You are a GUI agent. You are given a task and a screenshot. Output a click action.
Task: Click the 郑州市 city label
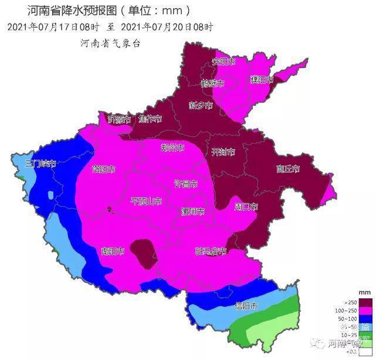(x=173, y=148)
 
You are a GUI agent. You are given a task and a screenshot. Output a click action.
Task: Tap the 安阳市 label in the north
(x=223, y=62)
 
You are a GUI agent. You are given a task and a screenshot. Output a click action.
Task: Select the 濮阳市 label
(x=262, y=79)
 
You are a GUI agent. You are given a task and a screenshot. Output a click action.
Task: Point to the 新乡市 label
(x=199, y=106)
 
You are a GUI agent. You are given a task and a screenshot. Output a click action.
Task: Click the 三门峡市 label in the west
(x=40, y=163)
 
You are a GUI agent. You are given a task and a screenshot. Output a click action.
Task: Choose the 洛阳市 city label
(x=103, y=169)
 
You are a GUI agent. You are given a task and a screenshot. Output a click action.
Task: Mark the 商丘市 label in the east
(x=288, y=169)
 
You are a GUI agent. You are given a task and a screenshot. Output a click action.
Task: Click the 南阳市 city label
(x=113, y=251)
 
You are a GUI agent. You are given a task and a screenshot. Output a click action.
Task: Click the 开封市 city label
(x=223, y=152)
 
